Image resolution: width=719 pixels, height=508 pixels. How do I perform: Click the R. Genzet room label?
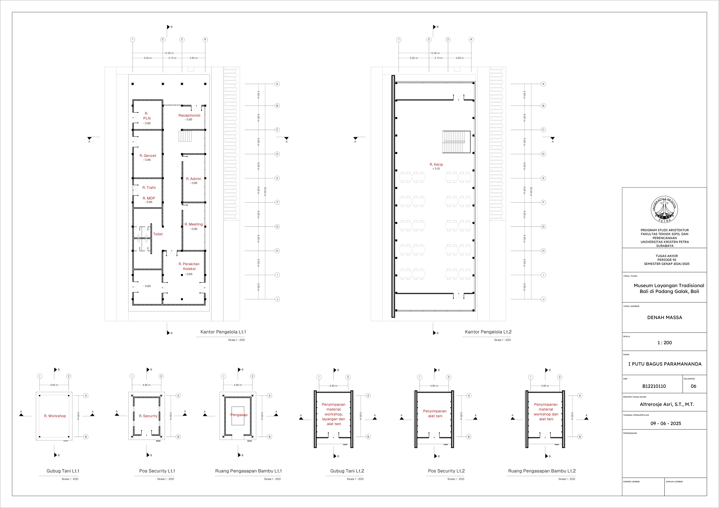[148, 156]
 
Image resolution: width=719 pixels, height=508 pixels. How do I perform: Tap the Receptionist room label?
[189, 116]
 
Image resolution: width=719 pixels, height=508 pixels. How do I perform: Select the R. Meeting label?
[193, 224]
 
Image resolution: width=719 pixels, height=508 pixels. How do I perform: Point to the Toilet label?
[158, 234]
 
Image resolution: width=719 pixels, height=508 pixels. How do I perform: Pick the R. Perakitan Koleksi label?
[189, 266]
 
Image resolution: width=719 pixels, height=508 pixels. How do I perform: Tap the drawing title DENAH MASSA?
[664, 317]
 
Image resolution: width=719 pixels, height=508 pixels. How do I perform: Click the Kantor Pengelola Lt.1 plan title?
[223, 332]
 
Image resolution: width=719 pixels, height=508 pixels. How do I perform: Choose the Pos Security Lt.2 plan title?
[446, 471]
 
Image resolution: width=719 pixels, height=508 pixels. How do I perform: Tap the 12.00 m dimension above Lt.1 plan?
[169, 53]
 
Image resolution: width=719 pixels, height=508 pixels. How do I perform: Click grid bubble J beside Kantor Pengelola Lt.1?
[277, 299]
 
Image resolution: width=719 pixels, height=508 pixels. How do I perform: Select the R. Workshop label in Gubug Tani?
[55, 416]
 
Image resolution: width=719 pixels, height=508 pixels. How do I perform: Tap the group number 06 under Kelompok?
[693, 386]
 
